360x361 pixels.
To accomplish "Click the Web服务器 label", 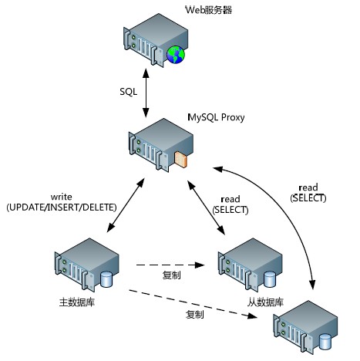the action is pyautogui.click(x=209, y=10).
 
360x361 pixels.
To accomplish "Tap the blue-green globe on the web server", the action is pyautogui.click(x=176, y=55).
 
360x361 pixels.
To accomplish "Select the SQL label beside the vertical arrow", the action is pyautogui.click(x=129, y=92).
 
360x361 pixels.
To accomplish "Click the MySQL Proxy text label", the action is pyautogui.click(x=216, y=117).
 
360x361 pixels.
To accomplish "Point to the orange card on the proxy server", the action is pyautogui.click(x=180, y=159).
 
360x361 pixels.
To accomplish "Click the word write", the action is pyautogui.click(x=61, y=197).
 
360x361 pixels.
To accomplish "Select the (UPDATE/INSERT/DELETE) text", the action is pyautogui.click(x=62, y=207).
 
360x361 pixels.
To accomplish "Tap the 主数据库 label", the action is pyautogui.click(x=77, y=302).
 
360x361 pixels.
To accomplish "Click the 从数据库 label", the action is pyautogui.click(x=265, y=302).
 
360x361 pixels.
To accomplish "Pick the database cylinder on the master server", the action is pyautogui.click(x=106, y=279).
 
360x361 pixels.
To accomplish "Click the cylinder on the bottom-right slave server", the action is pyautogui.click(x=325, y=342).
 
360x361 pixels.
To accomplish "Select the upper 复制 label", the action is pyautogui.click(x=172, y=275).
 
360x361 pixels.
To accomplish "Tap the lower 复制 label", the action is pyautogui.click(x=195, y=314).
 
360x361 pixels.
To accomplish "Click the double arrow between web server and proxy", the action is pyautogui.click(x=146, y=93).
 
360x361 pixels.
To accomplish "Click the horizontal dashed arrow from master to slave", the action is pyautogui.click(x=170, y=265).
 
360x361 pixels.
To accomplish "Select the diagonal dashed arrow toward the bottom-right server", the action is pyautogui.click(x=193, y=304).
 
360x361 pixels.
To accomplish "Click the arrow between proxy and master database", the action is pyautogui.click(x=126, y=205).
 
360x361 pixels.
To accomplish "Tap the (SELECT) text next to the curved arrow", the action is pyautogui.click(x=308, y=198).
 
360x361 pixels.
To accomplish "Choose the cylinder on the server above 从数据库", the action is pyautogui.click(x=270, y=279).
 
